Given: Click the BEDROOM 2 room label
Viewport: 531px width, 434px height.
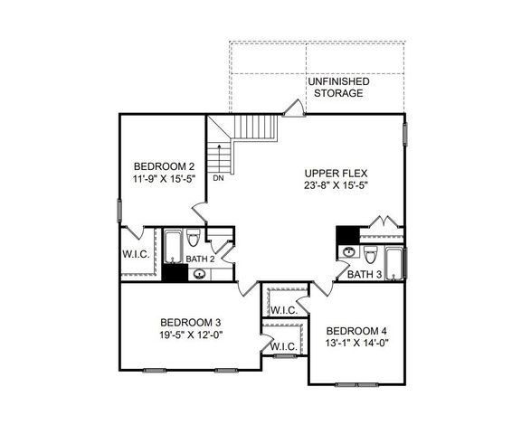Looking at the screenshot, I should click(x=164, y=166).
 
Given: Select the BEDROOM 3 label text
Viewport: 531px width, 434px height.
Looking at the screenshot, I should click(x=191, y=322).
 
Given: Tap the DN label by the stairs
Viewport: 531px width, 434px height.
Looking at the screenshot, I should click(x=218, y=178).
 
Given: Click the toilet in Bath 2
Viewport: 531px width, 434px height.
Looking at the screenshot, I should click(x=194, y=241).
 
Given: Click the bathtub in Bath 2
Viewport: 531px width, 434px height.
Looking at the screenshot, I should click(x=172, y=244).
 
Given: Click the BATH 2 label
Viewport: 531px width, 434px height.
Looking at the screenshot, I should click(x=199, y=259).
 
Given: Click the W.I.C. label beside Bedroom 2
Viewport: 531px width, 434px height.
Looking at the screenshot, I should click(x=136, y=255).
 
